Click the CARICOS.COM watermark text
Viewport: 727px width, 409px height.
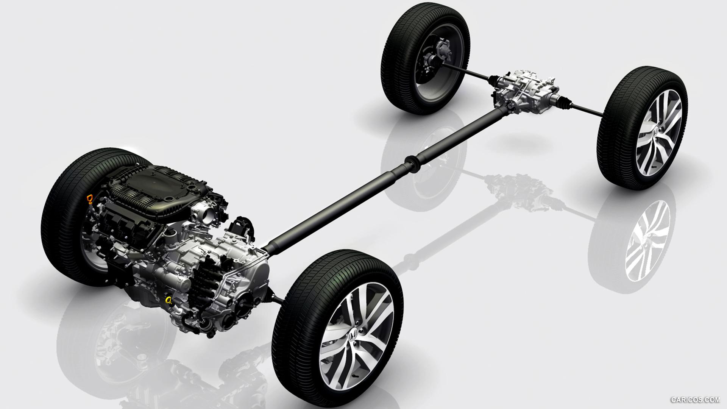pyautogui.click(x=695, y=400)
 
